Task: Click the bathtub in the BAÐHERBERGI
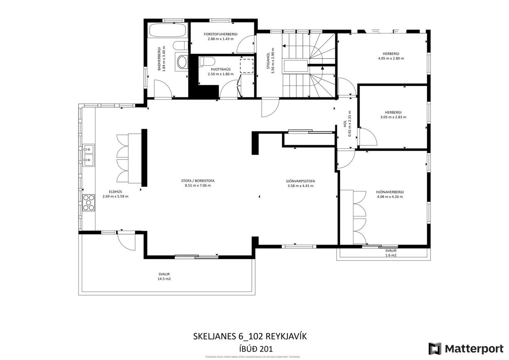(x=167, y=31)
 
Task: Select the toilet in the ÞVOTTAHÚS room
(x=203, y=61)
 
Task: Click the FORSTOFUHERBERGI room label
(x=220, y=34)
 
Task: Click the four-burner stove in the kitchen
(x=89, y=203)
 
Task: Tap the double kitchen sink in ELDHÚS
(x=88, y=155)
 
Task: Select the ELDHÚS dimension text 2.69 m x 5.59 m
(x=115, y=196)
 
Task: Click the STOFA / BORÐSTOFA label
(x=198, y=181)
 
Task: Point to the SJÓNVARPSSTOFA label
(x=300, y=181)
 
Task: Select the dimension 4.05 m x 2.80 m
(x=391, y=59)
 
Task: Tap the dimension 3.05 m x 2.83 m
(x=393, y=117)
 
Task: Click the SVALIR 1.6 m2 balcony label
(x=391, y=251)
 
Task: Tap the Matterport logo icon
(x=435, y=348)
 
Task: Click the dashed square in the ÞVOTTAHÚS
(x=246, y=66)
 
